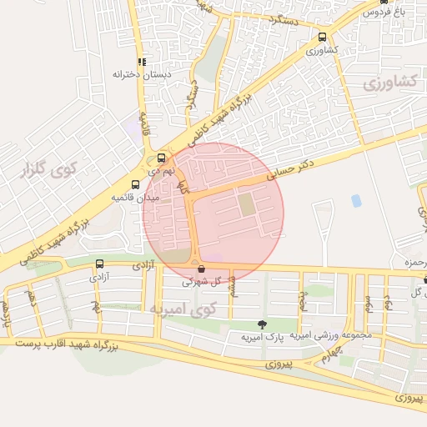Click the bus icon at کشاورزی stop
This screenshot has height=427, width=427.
pos(323,37)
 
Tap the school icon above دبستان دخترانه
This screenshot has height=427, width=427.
pos(142,61)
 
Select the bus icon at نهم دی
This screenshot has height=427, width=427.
pos(161,157)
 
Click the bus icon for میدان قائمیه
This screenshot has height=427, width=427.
pos(135,184)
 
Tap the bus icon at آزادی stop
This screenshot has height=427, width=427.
pos(99,264)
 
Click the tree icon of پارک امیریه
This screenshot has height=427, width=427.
pos(263,324)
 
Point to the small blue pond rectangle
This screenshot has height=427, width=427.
pos(356,201)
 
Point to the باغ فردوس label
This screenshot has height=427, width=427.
pos(389,12)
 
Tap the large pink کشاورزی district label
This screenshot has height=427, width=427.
pos(390,83)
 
